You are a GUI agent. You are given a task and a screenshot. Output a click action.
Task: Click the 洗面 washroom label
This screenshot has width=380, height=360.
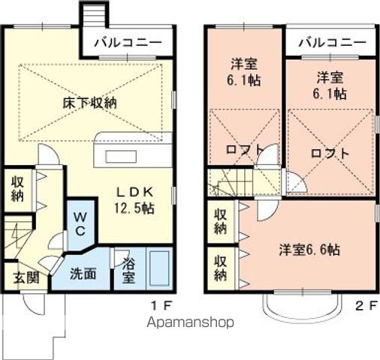(83, 274)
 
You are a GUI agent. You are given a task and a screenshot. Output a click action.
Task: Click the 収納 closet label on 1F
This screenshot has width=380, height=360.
(17, 190)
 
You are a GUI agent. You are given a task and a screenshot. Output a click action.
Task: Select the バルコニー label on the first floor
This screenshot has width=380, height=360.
(128, 43)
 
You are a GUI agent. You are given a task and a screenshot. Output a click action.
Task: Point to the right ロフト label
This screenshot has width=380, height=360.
(330, 152)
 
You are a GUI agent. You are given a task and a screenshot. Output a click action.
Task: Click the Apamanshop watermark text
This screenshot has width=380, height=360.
(191, 322)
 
